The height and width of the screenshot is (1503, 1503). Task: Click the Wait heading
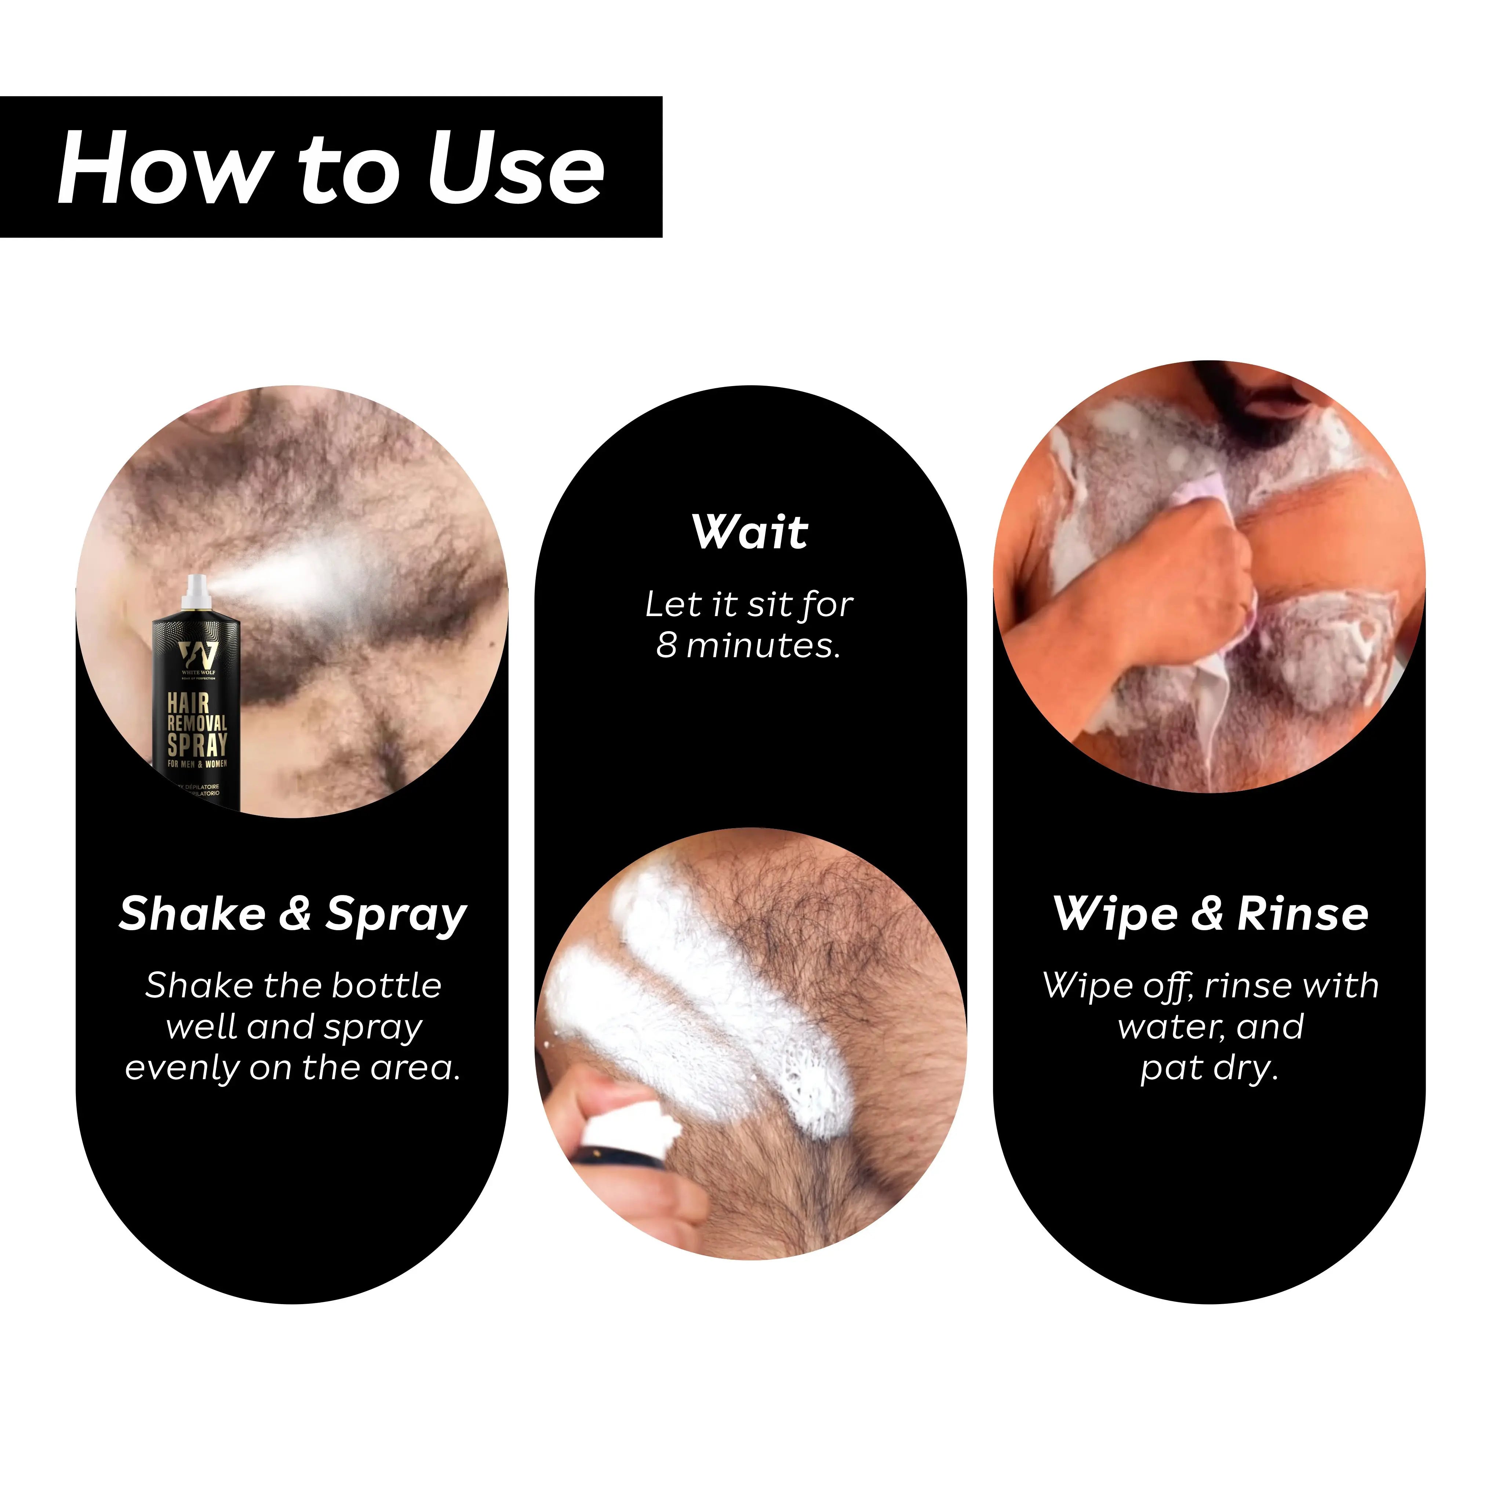pyautogui.click(x=750, y=532)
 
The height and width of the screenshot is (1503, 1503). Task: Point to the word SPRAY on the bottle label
pyautogui.click(x=197, y=745)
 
